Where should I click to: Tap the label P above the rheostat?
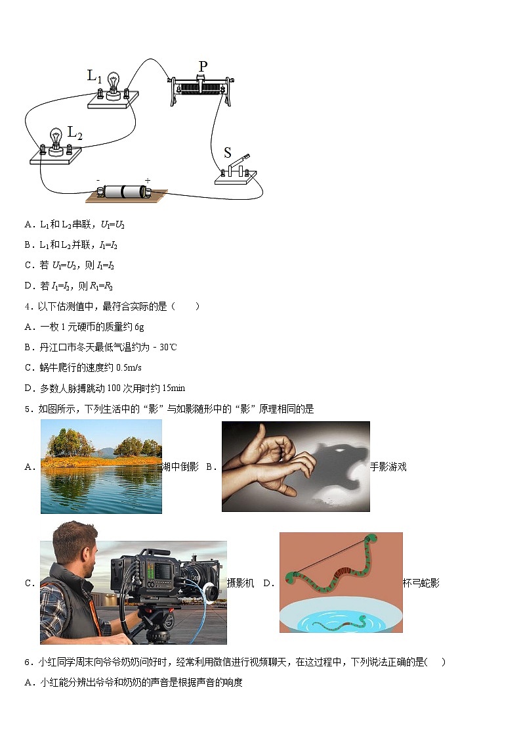click(x=203, y=66)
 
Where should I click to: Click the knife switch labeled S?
click(x=237, y=169)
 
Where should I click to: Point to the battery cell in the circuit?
click(x=123, y=192)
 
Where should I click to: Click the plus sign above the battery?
click(x=147, y=179)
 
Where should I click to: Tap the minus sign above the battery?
click(x=98, y=179)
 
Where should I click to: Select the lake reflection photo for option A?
click(x=101, y=466)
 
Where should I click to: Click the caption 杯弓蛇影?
click(x=421, y=583)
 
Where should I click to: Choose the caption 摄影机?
click(x=240, y=583)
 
